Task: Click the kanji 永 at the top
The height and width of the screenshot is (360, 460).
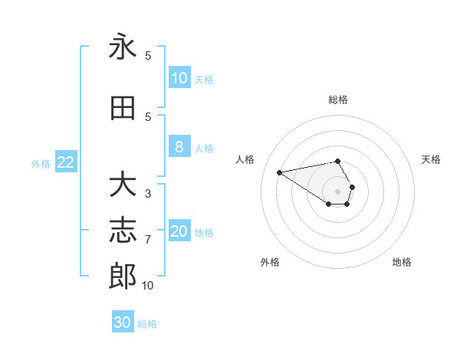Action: click(x=123, y=47)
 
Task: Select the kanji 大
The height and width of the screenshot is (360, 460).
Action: click(x=123, y=185)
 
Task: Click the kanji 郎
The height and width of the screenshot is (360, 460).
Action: click(x=123, y=277)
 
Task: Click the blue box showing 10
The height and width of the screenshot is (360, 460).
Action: click(x=179, y=78)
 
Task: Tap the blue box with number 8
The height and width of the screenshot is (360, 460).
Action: click(x=179, y=148)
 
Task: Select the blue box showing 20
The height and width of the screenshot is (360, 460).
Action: click(x=179, y=232)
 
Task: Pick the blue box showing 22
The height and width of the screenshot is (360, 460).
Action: click(x=66, y=162)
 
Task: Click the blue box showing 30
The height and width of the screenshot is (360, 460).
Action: click(x=123, y=323)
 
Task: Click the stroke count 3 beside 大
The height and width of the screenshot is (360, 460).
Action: click(x=148, y=194)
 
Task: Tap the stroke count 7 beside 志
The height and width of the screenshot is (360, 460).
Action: click(x=148, y=240)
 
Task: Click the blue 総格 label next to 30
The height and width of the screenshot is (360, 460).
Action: click(x=148, y=324)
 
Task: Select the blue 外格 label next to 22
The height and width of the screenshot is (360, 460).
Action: click(x=41, y=163)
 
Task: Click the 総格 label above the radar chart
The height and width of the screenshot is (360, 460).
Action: click(x=338, y=100)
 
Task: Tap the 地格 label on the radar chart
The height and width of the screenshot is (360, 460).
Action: click(x=402, y=262)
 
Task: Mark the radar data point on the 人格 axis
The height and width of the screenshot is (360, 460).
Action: click(x=279, y=172)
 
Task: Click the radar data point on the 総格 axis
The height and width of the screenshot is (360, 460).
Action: click(x=338, y=161)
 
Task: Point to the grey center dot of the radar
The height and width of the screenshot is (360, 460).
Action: click(x=338, y=191)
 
